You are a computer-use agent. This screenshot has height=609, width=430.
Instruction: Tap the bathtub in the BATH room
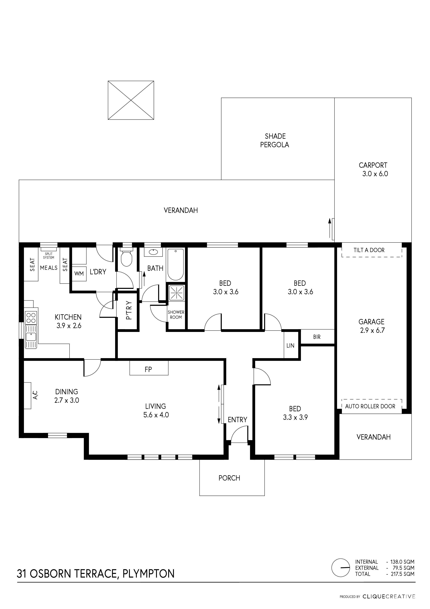[176, 264]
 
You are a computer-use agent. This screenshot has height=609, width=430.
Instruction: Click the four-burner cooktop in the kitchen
[31, 318]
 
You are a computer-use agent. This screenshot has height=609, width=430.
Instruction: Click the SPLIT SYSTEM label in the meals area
[49, 256]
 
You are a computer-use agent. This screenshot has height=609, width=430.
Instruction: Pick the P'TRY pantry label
[128, 310]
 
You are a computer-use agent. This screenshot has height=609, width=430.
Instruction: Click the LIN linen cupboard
[291, 345]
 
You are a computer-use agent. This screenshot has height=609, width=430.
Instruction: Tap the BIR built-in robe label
[317, 337]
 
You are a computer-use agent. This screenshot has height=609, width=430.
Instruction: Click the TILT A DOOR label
[369, 250]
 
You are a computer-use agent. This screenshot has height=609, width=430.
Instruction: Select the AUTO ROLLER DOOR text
[370, 406]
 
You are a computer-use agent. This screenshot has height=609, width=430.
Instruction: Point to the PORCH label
[229, 478]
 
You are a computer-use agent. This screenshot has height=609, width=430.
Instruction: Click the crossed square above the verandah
[131, 100]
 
